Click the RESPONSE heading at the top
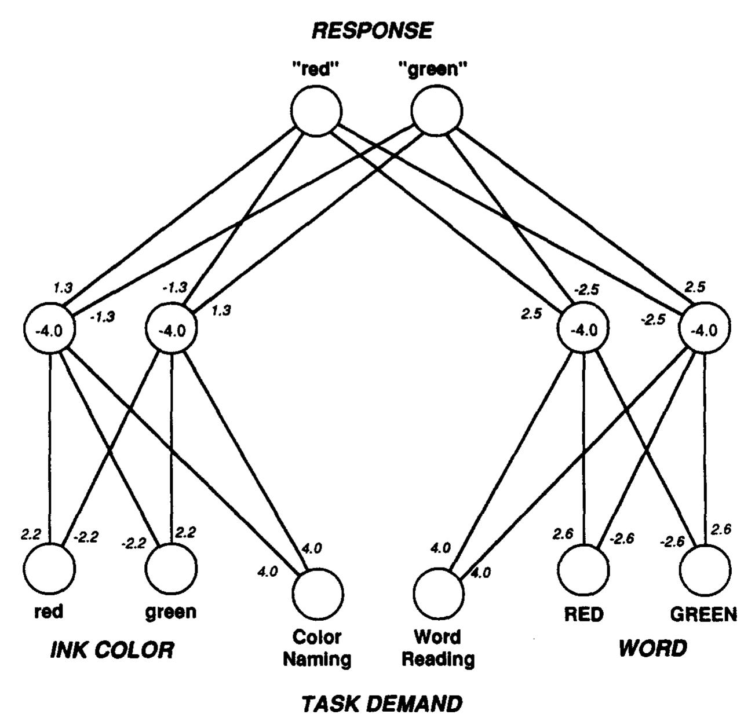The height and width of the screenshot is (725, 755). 373,30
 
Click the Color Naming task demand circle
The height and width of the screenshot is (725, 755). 317,594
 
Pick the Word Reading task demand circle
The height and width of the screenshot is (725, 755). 439,594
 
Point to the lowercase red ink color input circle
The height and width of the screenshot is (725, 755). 50,569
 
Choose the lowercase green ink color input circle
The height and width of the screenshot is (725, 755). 170,569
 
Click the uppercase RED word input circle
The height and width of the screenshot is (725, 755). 584,569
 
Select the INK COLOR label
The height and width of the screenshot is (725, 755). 112,650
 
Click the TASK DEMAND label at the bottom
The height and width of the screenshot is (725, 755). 382,704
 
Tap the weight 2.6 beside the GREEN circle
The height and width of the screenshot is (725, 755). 721,529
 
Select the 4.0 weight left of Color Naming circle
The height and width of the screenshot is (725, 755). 267,571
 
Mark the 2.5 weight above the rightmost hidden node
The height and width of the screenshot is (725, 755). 694,288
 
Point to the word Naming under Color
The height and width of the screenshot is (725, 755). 317,659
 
